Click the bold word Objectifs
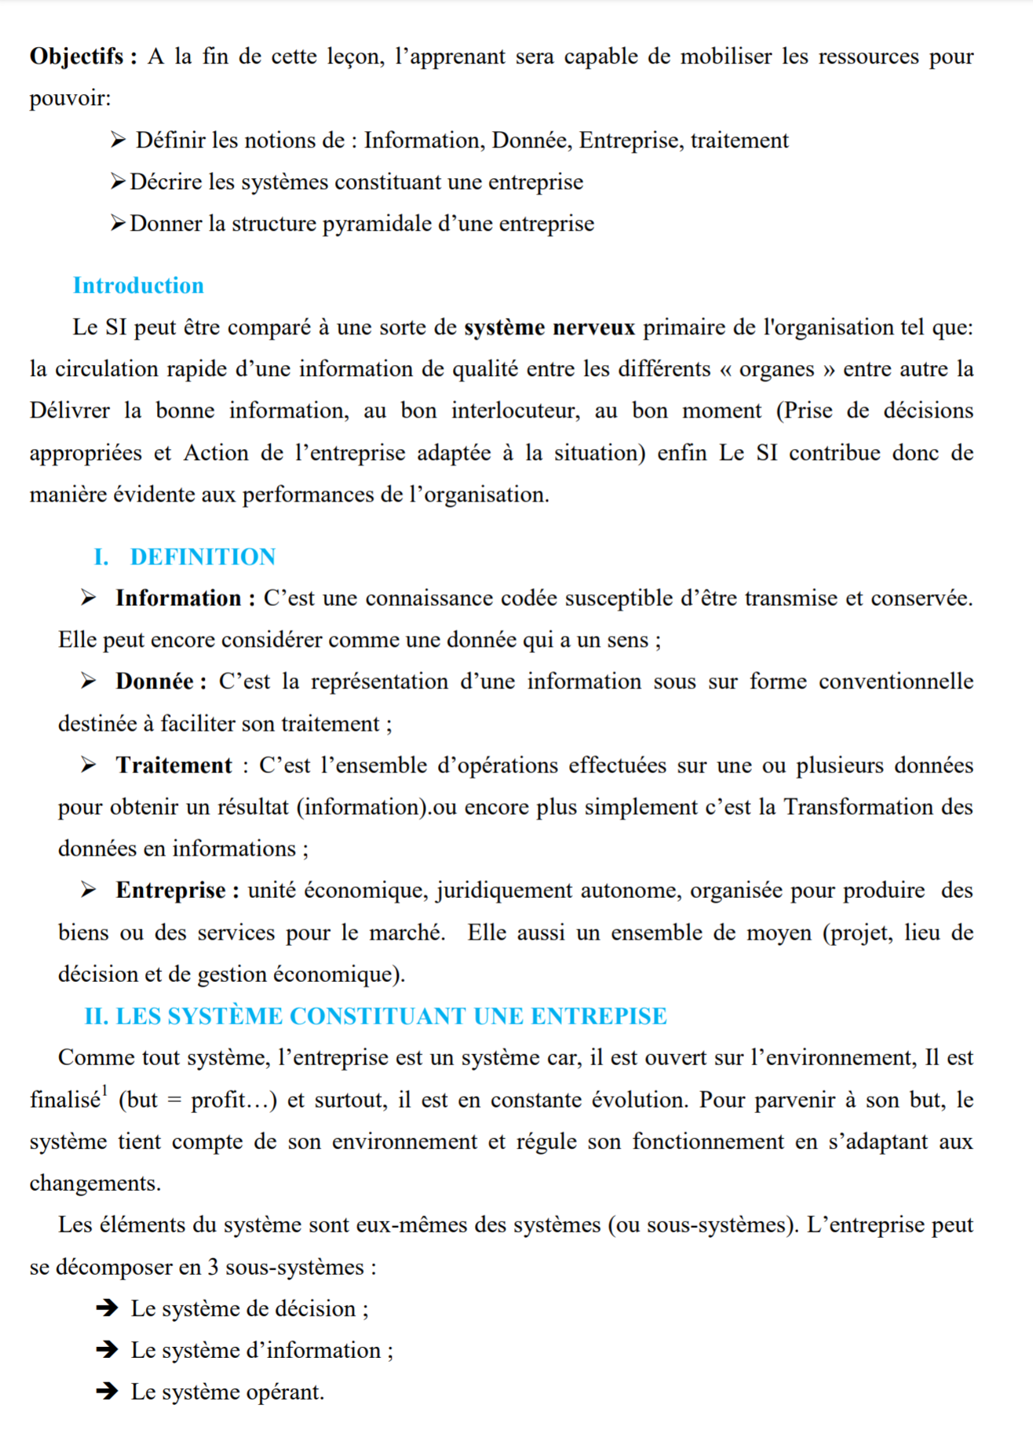click(x=77, y=57)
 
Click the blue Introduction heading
click(x=138, y=286)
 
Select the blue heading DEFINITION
click(x=203, y=557)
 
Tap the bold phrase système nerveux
click(x=549, y=327)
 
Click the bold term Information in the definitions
click(x=178, y=599)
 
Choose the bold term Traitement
click(x=173, y=765)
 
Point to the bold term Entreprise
click(x=171, y=890)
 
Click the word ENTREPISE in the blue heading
click(x=598, y=1016)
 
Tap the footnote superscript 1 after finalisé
click(x=105, y=1090)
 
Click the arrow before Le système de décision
click(x=107, y=1308)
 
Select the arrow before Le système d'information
click(x=107, y=1350)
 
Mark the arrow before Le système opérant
click(x=107, y=1392)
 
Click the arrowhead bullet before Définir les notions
click(x=118, y=141)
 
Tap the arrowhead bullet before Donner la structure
click(x=118, y=224)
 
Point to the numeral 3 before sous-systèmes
click(x=213, y=1268)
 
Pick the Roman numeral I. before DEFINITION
click(x=100, y=557)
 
